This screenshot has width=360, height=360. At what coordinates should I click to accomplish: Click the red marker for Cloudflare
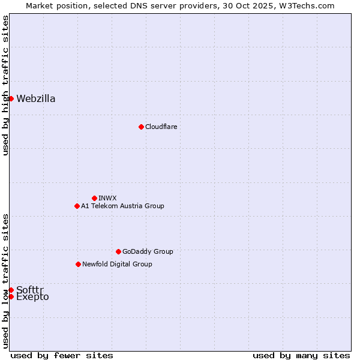click(x=141, y=127)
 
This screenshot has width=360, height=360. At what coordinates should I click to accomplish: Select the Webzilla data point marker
click(x=11, y=98)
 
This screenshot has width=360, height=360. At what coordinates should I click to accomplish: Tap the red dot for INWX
click(x=94, y=198)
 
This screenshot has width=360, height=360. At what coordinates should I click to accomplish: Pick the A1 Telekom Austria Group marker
click(x=77, y=206)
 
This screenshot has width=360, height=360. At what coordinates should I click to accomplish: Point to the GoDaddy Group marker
click(x=118, y=251)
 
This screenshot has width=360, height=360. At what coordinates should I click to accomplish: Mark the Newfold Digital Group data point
click(x=78, y=264)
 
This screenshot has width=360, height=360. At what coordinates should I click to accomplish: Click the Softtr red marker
click(x=11, y=290)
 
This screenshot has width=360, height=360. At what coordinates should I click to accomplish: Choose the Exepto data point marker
click(x=11, y=296)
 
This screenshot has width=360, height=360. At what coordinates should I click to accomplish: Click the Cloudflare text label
click(x=161, y=127)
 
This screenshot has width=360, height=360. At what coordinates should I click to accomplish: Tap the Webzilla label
click(x=36, y=98)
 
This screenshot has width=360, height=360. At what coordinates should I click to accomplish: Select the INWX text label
click(x=107, y=198)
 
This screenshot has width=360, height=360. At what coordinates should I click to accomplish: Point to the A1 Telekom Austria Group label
click(x=122, y=206)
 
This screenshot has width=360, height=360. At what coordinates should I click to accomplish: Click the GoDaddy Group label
click(x=148, y=251)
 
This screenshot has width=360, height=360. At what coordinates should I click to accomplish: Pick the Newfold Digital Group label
click(x=117, y=264)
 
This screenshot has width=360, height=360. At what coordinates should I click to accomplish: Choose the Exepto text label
click(x=32, y=297)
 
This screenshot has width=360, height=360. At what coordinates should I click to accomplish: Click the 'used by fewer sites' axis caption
click(x=62, y=355)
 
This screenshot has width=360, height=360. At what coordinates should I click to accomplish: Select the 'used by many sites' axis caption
click(x=301, y=355)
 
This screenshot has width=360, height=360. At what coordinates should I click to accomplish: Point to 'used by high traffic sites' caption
click(x=5, y=85)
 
